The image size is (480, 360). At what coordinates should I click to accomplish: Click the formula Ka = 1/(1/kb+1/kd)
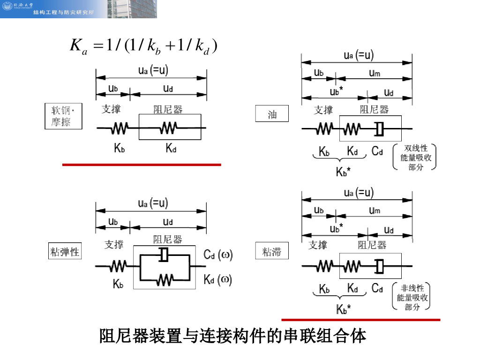pyautogui.click(x=143, y=46)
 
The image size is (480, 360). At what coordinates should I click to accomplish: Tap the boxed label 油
pyautogui.click(x=272, y=114)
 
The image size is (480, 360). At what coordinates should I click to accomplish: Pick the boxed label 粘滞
pyautogui.click(x=272, y=251)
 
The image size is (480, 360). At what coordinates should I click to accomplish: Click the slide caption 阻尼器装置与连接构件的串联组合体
pyautogui.click(x=232, y=336)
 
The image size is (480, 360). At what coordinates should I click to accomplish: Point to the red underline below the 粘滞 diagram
pyautogui.click(x=360, y=320)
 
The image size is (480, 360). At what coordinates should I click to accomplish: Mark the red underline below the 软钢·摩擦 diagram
pyautogui.click(x=142, y=165)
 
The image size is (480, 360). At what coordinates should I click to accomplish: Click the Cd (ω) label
pyautogui.click(x=218, y=255)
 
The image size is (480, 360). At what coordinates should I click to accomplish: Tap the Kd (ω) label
pyautogui.click(x=218, y=280)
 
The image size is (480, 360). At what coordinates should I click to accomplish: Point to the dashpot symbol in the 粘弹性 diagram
pyautogui.click(x=164, y=255)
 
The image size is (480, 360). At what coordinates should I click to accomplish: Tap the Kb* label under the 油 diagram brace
pyautogui.click(x=343, y=172)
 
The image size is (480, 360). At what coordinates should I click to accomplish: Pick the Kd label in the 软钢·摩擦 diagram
pyautogui.click(x=171, y=149)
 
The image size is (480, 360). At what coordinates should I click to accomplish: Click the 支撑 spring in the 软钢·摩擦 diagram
pyautogui.click(x=120, y=127)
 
